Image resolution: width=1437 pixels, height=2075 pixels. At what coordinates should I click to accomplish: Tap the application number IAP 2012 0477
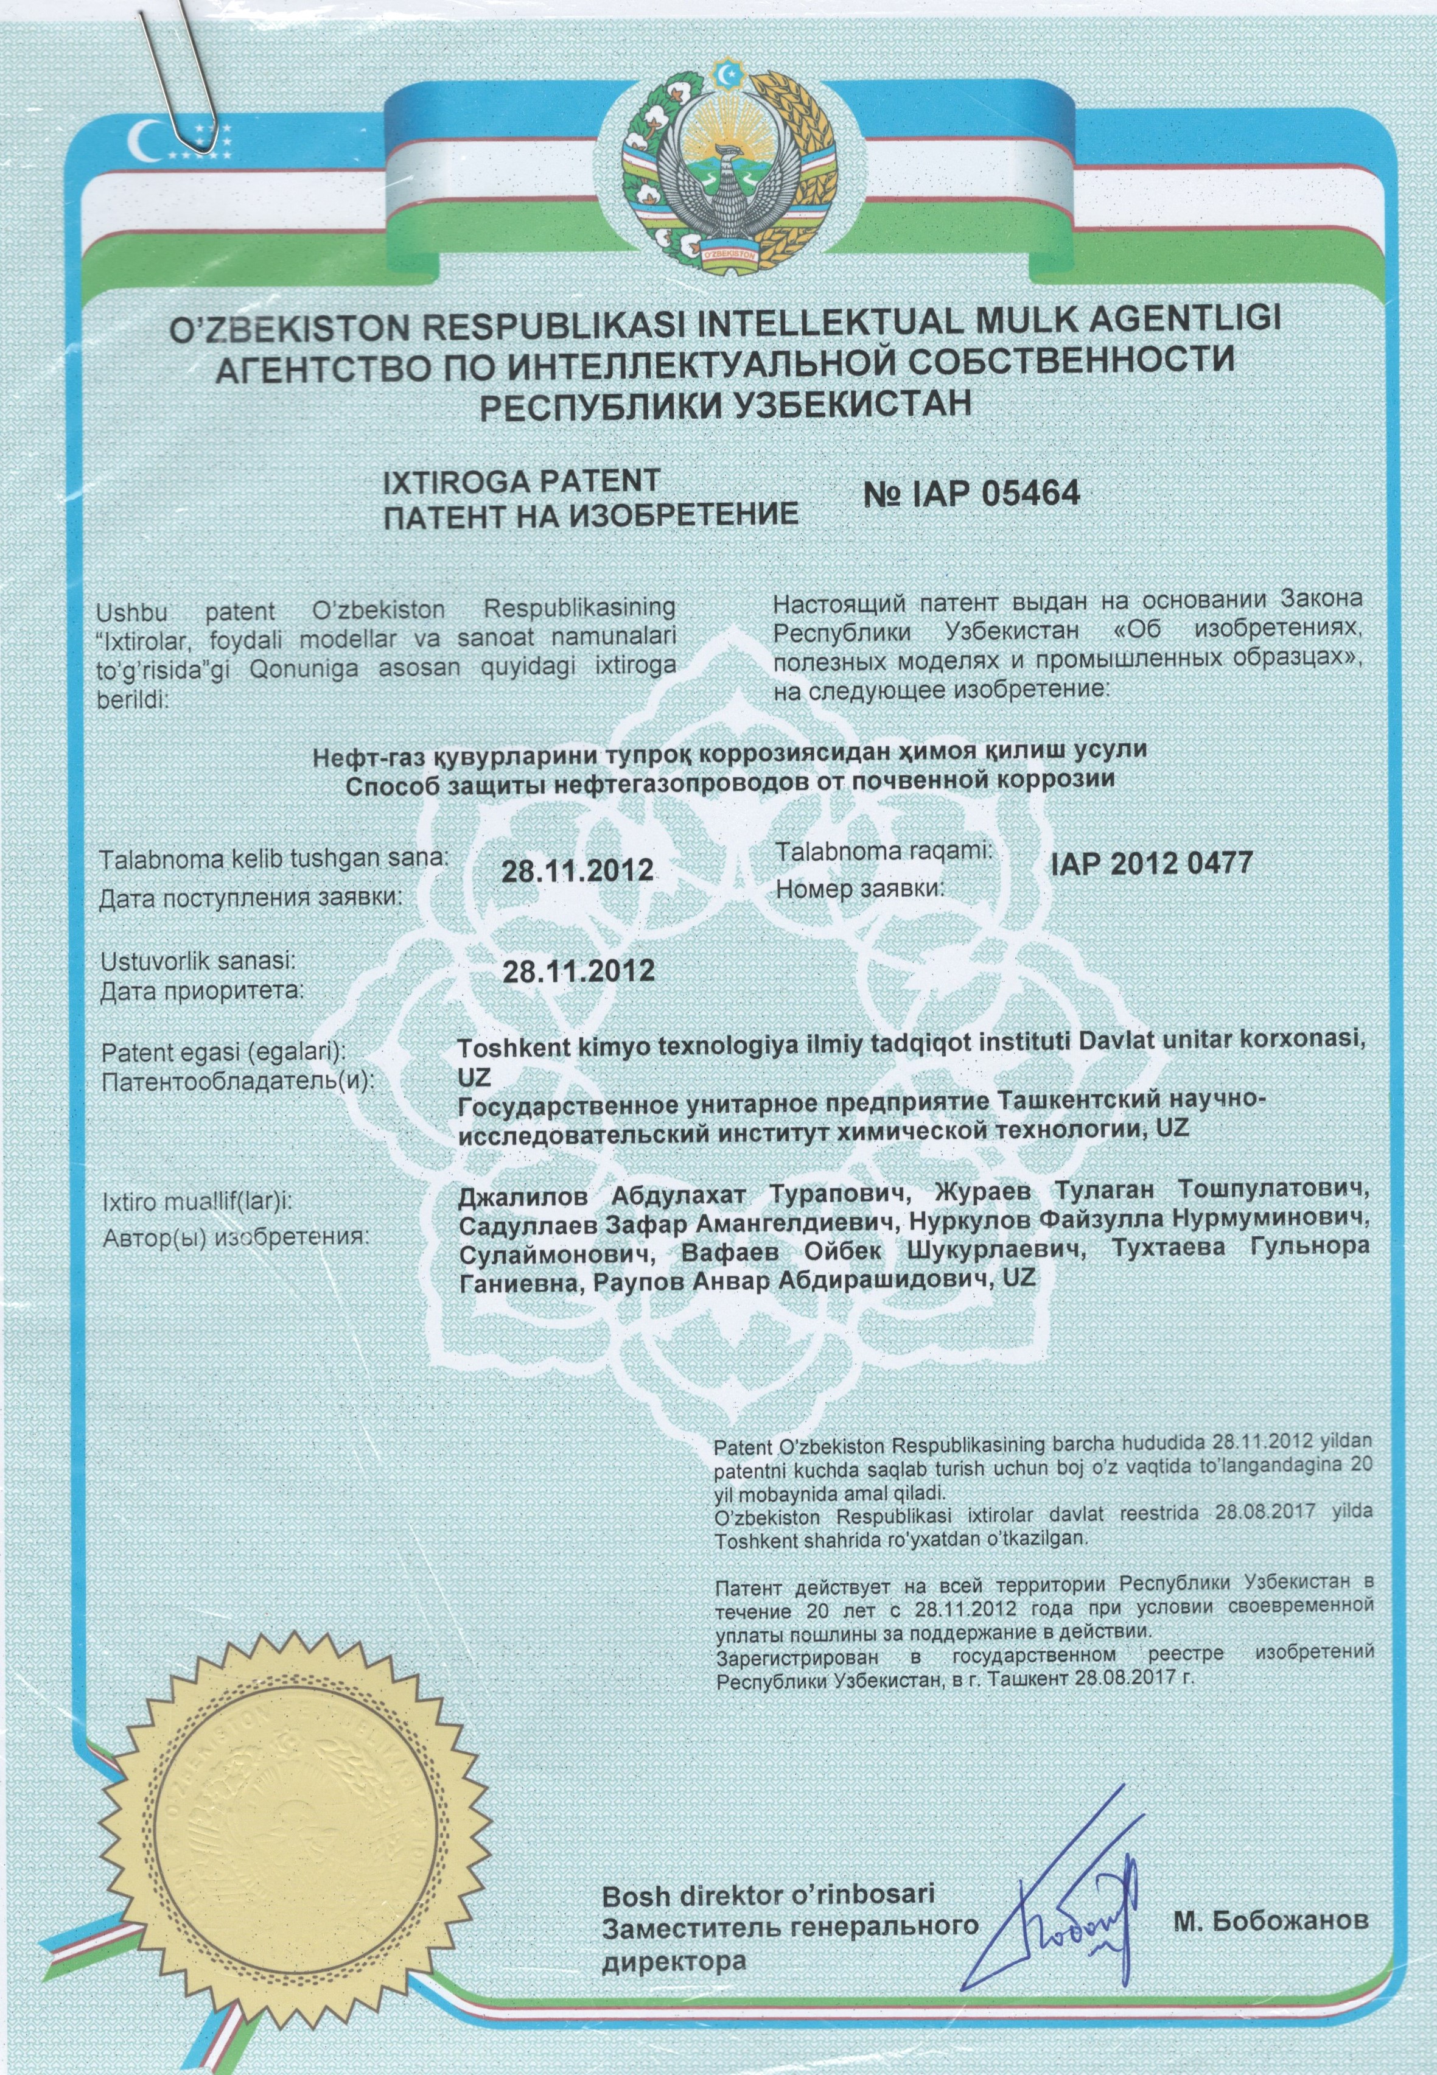[1151, 863]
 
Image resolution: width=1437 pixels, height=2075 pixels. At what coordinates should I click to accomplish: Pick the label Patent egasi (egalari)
[225, 1051]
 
